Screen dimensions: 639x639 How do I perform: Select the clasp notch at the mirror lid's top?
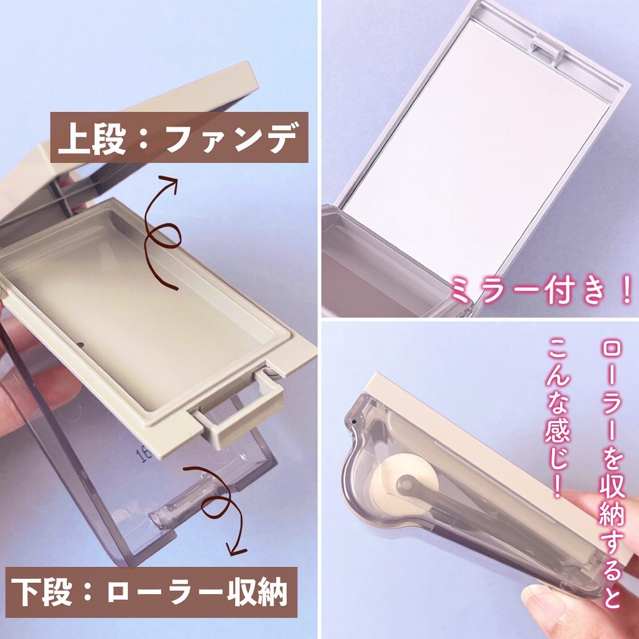[x=548, y=45]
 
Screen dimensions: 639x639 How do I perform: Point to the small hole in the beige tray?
[x=81, y=345]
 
